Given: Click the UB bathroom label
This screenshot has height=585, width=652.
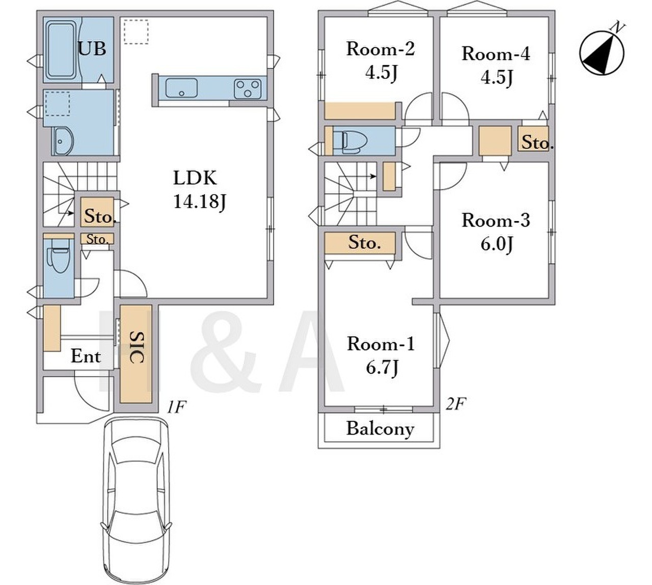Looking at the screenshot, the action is (x=92, y=49).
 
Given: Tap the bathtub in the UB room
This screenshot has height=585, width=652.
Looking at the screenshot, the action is (x=62, y=50).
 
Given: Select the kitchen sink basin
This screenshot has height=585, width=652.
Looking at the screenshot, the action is (x=181, y=88).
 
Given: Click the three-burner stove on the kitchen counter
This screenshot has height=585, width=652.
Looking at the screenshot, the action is (x=248, y=89).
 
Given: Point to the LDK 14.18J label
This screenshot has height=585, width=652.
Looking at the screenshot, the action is (x=200, y=190).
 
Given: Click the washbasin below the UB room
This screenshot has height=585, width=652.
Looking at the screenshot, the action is (x=63, y=141).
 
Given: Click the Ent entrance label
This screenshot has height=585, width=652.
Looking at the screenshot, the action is (x=86, y=356).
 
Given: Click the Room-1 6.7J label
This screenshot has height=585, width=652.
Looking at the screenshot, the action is (x=381, y=356).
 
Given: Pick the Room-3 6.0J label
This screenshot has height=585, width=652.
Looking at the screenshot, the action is (x=496, y=232).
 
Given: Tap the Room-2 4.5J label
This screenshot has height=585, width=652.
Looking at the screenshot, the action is (x=381, y=62).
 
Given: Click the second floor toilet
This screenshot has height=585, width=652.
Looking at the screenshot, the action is (x=351, y=141).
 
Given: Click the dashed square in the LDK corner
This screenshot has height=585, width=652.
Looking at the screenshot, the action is (x=136, y=32).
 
